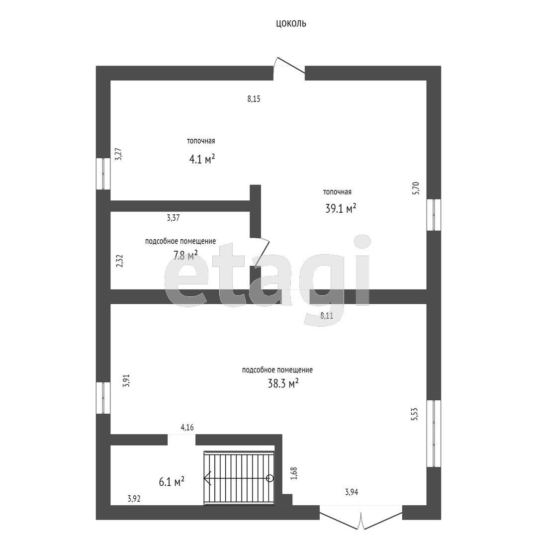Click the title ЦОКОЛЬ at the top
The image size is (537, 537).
pyautogui.click(x=291, y=23)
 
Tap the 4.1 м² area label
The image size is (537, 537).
pyautogui.click(x=202, y=159)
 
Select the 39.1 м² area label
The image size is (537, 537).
pyautogui.click(x=341, y=208)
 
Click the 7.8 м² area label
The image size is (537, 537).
pyautogui.click(x=185, y=255)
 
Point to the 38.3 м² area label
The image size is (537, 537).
pyautogui.click(x=283, y=383)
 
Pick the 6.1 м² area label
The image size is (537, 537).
pyautogui.click(x=172, y=482)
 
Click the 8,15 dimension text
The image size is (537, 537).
pyautogui.click(x=254, y=99)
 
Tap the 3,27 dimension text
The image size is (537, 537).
pyautogui.click(x=118, y=154)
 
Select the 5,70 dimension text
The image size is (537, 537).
pyautogui.click(x=415, y=188)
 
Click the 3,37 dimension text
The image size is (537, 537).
pyautogui.click(x=174, y=217)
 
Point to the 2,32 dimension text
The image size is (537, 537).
pyautogui.click(x=119, y=261)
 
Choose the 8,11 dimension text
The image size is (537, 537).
pyautogui.click(x=327, y=316)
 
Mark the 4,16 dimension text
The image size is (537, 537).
pyautogui.click(x=187, y=427)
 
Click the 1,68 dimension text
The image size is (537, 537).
pyautogui.click(x=294, y=473)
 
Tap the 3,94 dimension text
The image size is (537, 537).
pyautogui.click(x=352, y=492)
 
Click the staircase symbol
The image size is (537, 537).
pyautogui.click(x=239, y=478)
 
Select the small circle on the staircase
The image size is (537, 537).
pyautogui.click(x=270, y=478)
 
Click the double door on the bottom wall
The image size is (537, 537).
pyautogui.click(x=361, y=517)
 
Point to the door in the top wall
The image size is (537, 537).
pyautogui.click(x=289, y=69)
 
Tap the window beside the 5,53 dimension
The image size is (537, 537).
pyautogui.click(x=434, y=433)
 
